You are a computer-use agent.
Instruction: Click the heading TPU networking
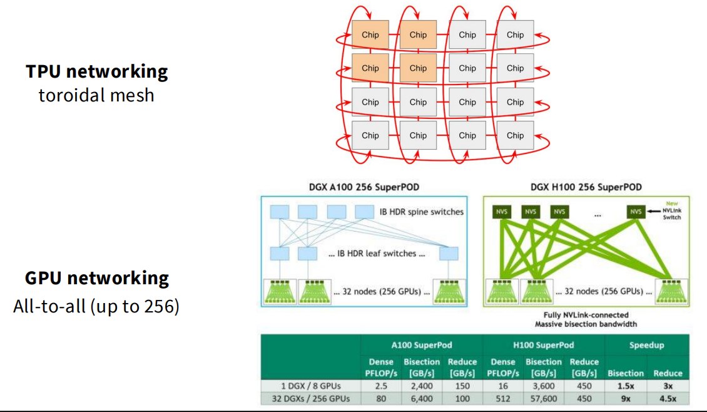coord(96,71)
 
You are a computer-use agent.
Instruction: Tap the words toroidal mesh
coord(96,95)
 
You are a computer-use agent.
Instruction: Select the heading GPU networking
coord(97,278)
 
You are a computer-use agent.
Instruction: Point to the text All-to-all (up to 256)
coord(96,306)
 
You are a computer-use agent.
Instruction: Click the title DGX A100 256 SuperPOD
coord(364,187)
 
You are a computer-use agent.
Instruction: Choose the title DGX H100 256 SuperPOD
coord(586,187)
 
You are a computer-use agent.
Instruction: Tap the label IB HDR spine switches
coord(421,212)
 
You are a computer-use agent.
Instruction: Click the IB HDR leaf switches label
coord(377,254)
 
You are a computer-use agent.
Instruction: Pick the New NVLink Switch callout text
coord(672,210)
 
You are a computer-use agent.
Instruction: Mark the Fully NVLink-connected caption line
coord(586,315)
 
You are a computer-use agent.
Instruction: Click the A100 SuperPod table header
coord(422,345)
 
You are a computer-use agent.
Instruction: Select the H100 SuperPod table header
coord(543,345)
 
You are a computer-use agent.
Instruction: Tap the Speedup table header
coord(646,345)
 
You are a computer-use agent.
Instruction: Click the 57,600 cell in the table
coord(543,399)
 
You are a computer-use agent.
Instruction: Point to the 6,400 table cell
coord(422,399)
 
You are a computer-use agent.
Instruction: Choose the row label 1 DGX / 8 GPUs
coord(311,386)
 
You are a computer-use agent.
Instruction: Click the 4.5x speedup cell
coord(668,399)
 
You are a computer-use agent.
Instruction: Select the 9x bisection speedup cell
coord(626,399)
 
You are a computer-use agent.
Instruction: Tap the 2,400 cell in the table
coord(422,386)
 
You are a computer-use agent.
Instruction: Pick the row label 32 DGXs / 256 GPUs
coord(311,399)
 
